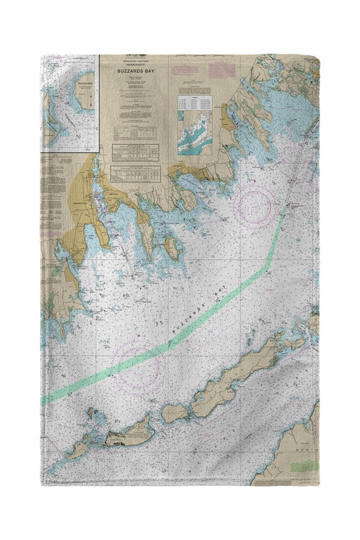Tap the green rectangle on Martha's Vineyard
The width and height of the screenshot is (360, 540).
click(307, 466)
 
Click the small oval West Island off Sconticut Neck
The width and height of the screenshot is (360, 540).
click(172, 248)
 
